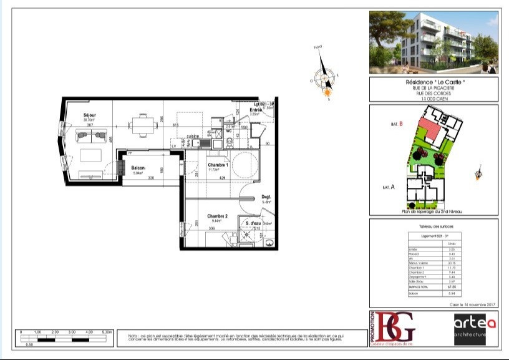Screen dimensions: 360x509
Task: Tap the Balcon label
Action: click(x=138, y=168)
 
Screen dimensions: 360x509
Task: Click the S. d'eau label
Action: click(x=253, y=223)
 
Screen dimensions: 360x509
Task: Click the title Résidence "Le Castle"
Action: click(x=434, y=83)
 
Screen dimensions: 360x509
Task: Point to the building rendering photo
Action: click(x=434, y=42)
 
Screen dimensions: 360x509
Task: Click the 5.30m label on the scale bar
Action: click(x=108, y=333)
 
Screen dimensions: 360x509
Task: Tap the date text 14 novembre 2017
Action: click(x=474, y=304)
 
